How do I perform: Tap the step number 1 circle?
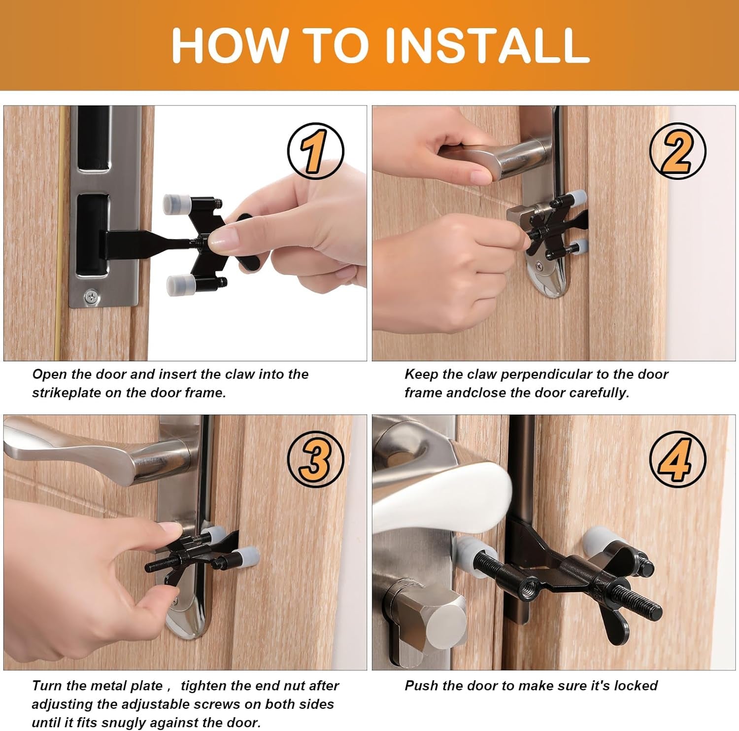pyautogui.click(x=315, y=151)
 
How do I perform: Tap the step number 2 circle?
pyautogui.click(x=677, y=151)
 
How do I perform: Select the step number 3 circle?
pyautogui.click(x=315, y=459)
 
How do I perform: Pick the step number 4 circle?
pyautogui.click(x=677, y=459)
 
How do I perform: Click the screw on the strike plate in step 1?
pyautogui.click(x=91, y=297)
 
